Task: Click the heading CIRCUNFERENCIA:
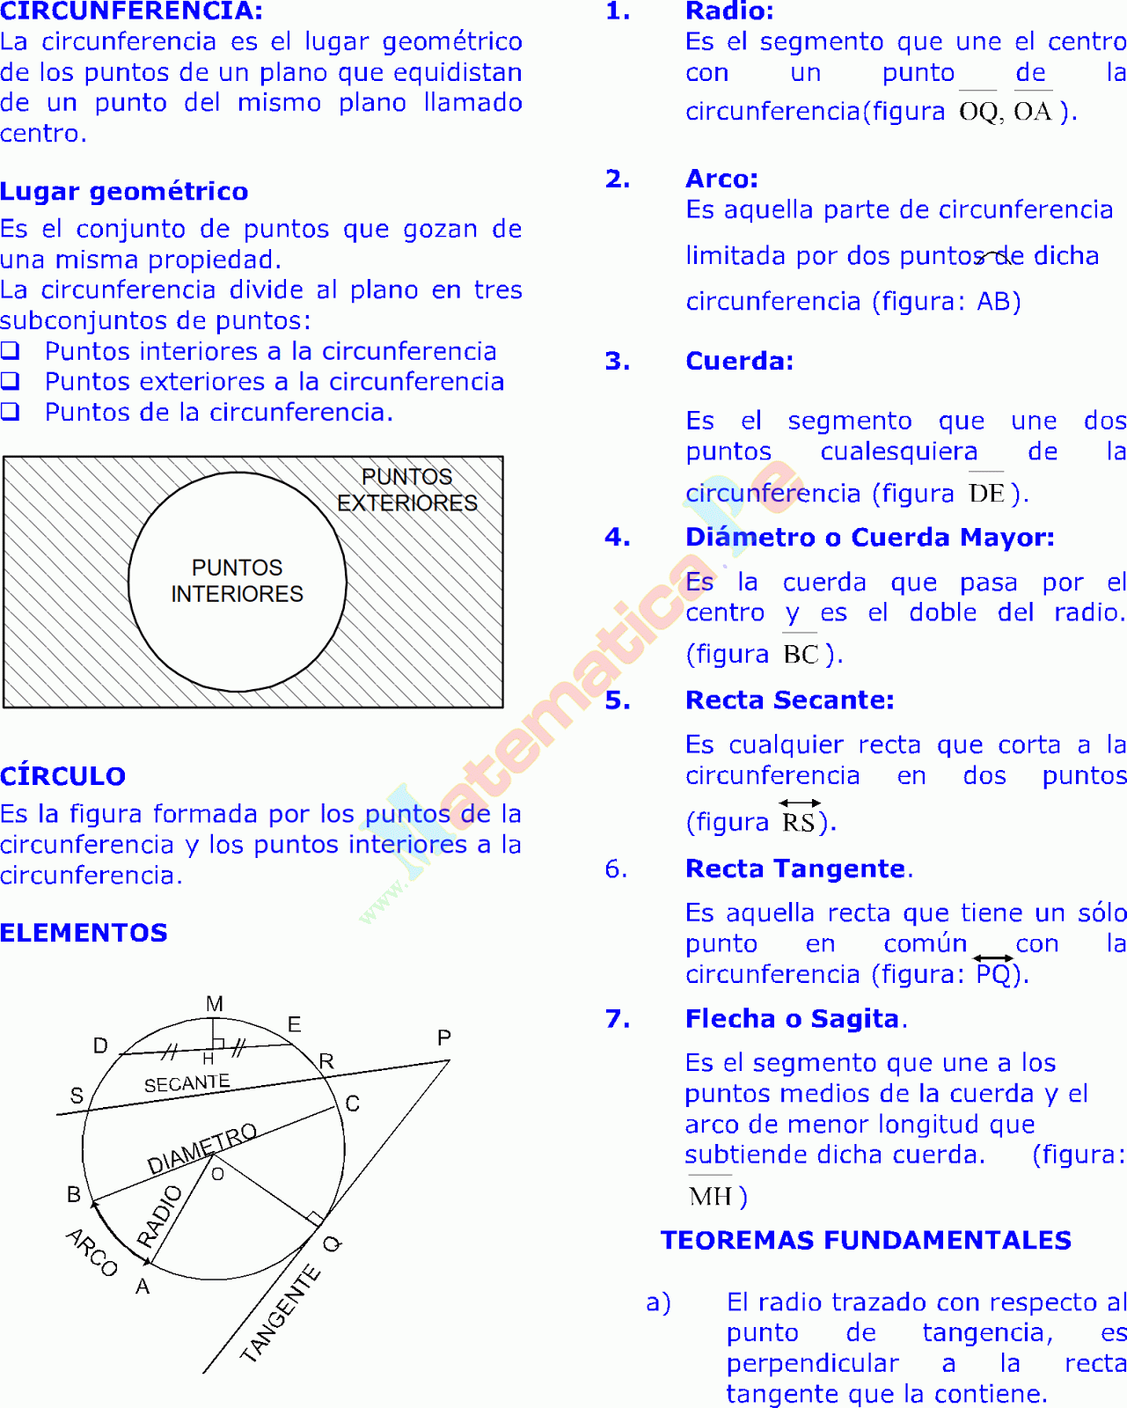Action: point(131,11)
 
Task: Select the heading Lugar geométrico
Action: point(124,192)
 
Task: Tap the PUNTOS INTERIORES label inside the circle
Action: point(237,581)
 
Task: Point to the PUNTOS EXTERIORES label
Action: point(407,490)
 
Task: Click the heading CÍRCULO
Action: point(63,776)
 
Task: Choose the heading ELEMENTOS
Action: point(84,933)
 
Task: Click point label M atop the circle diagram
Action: point(215,1004)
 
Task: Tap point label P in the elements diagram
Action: point(444,1038)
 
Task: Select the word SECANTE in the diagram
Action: point(187,1083)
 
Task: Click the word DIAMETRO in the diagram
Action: point(202,1149)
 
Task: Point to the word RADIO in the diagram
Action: point(160,1216)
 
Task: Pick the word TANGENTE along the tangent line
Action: point(281,1314)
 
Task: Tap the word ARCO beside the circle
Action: point(91,1252)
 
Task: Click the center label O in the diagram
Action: point(218,1174)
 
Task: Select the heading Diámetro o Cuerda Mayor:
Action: point(869,538)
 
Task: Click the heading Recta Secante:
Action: point(789,700)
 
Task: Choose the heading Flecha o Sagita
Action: point(793,1019)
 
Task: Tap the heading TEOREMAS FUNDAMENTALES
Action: point(866,1241)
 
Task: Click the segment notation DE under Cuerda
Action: point(986,494)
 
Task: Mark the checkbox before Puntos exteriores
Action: point(10,381)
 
